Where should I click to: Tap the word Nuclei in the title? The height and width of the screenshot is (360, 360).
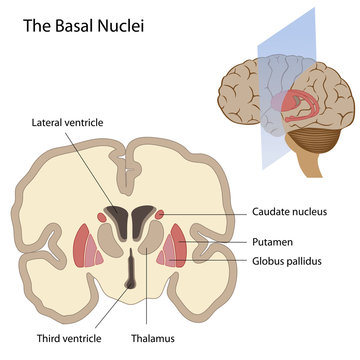click(x=122, y=23)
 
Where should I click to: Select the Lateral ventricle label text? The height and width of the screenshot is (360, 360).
click(x=67, y=122)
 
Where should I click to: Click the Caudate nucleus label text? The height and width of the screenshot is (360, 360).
click(x=291, y=212)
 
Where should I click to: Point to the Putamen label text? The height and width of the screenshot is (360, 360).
click(x=270, y=242)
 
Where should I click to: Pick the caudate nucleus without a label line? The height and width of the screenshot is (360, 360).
click(x=103, y=213)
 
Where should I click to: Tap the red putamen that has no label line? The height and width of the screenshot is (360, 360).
click(x=83, y=245)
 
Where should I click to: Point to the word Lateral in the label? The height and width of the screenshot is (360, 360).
click(x=49, y=122)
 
